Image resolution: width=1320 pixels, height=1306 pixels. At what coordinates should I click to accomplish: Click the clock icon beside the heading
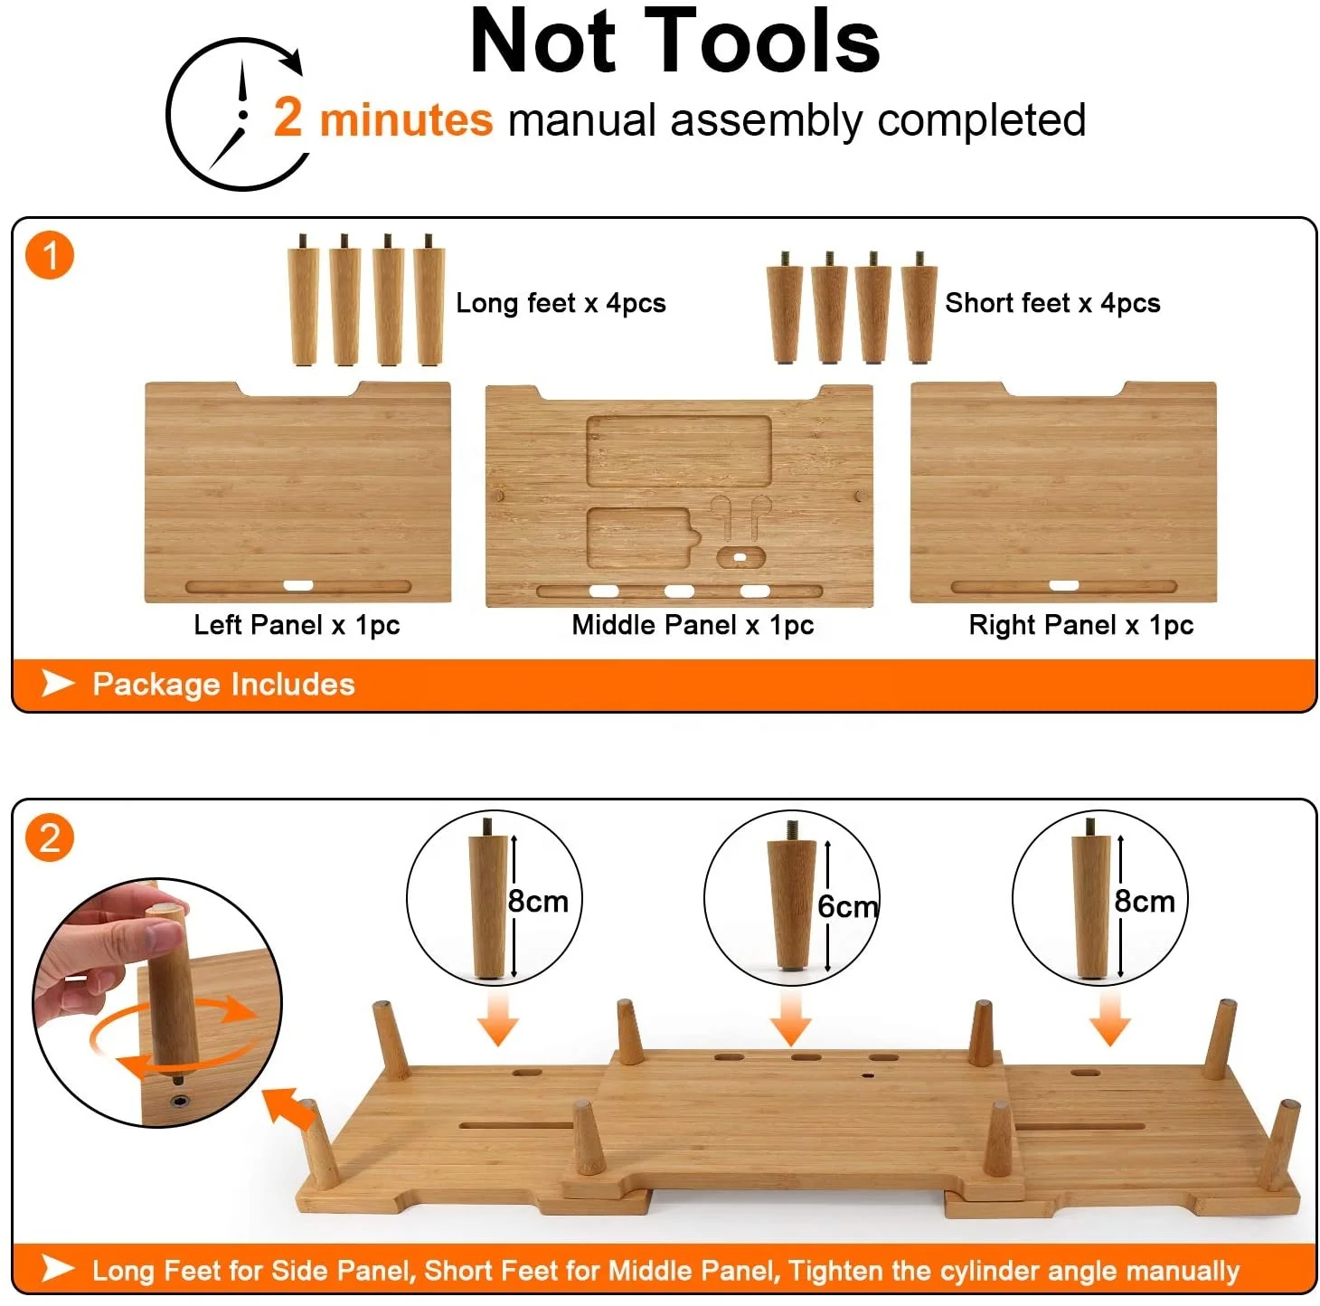[237, 115]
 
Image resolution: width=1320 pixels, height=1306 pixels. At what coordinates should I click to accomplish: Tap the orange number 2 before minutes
[288, 118]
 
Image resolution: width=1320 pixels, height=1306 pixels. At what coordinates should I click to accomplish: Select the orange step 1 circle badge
[50, 255]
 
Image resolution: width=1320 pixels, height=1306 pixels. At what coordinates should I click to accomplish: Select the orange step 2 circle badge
[50, 838]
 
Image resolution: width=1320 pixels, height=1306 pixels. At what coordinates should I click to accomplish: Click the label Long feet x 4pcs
[561, 303]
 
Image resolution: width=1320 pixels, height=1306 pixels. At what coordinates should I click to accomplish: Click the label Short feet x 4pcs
[1052, 303]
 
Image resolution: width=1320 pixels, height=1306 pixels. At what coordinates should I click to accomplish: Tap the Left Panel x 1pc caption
[297, 625]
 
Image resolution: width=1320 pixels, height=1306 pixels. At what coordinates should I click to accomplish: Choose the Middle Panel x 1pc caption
[693, 625]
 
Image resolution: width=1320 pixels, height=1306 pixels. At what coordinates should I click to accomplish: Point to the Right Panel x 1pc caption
[1080, 625]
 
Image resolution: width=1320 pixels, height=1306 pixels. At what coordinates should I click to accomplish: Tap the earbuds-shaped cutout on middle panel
[740, 516]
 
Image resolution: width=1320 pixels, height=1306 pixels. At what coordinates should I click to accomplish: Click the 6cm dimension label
[846, 906]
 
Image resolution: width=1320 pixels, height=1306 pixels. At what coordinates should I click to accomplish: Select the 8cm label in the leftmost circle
[538, 901]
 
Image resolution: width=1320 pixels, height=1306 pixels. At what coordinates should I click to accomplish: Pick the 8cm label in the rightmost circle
[1144, 901]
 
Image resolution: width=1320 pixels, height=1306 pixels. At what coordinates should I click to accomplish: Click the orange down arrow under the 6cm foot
[791, 1019]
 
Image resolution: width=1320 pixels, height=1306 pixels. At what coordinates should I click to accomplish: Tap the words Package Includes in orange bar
[223, 685]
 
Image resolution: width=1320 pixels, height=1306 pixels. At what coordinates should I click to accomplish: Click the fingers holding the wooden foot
[108, 941]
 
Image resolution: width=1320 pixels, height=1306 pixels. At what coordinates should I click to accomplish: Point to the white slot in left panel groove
[298, 586]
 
